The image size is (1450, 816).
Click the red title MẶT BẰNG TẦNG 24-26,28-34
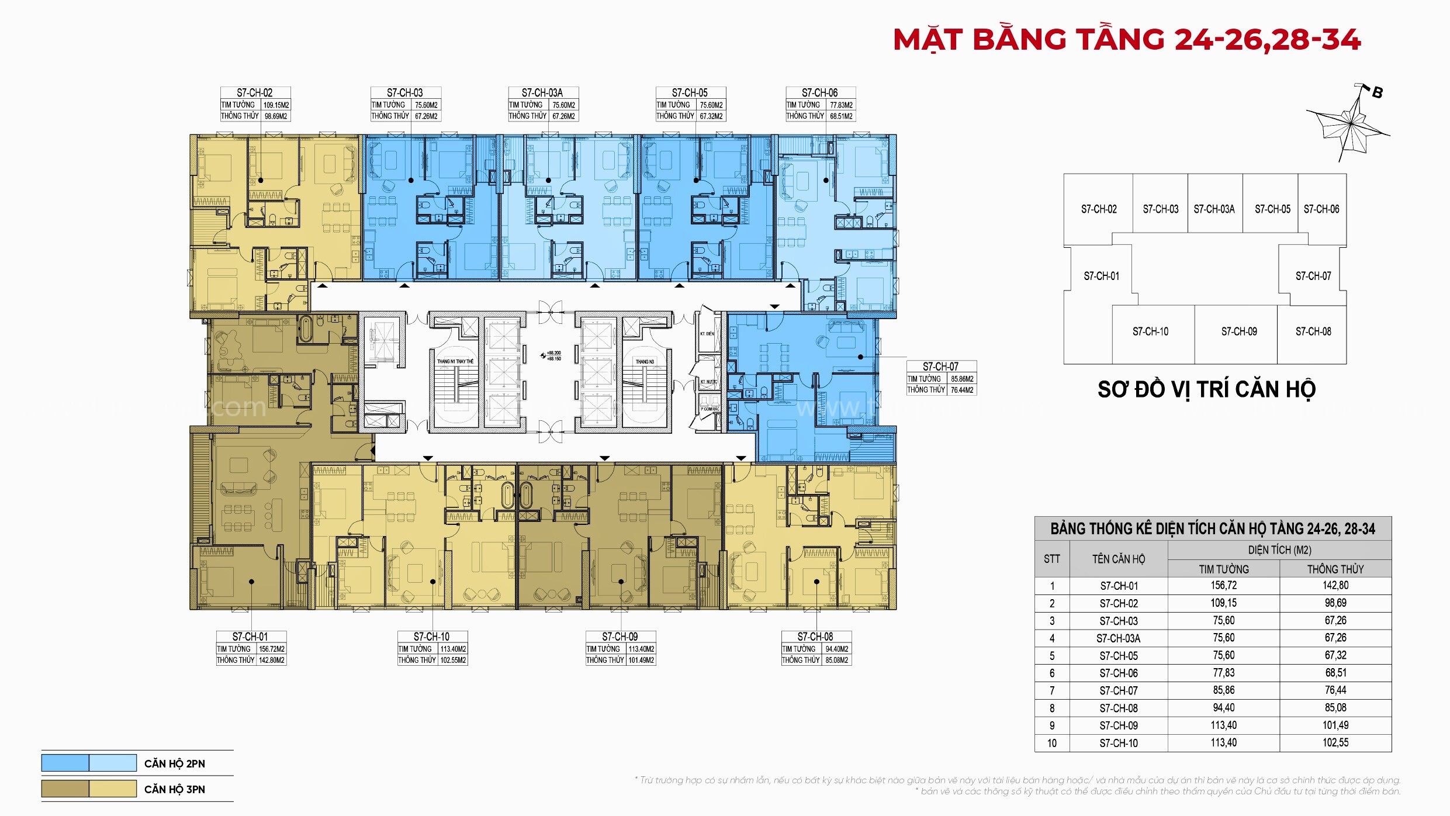(x=1127, y=40)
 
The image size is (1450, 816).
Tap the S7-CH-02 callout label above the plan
(x=255, y=92)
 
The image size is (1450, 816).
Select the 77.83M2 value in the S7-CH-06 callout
(x=841, y=105)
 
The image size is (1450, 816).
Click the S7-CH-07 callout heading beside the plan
(x=940, y=366)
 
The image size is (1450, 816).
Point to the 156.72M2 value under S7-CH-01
(x=272, y=649)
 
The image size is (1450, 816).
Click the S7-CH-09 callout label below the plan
(x=620, y=637)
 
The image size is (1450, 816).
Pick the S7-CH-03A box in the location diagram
(x=1214, y=209)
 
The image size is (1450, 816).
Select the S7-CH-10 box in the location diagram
(x=1150, y=332)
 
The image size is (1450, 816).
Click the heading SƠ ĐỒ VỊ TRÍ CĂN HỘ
(x=1206, y=389)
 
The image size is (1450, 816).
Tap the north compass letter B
(x=1377, y=93)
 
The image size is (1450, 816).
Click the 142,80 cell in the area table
(x=1335, y=585)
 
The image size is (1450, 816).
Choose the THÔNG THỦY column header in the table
(x=1335, y=569)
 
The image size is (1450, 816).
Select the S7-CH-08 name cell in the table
(x=1119, y=708)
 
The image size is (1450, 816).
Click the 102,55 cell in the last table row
(x=1335, y=743)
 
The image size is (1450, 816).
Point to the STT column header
(x=1051, y=559)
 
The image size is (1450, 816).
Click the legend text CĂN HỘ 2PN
(x=174, y=763)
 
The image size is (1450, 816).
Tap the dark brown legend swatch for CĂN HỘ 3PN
(x=65, y=789)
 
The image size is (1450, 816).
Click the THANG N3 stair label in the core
(x=645, y=362)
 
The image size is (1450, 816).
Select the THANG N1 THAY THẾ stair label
(x=455, y=362)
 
